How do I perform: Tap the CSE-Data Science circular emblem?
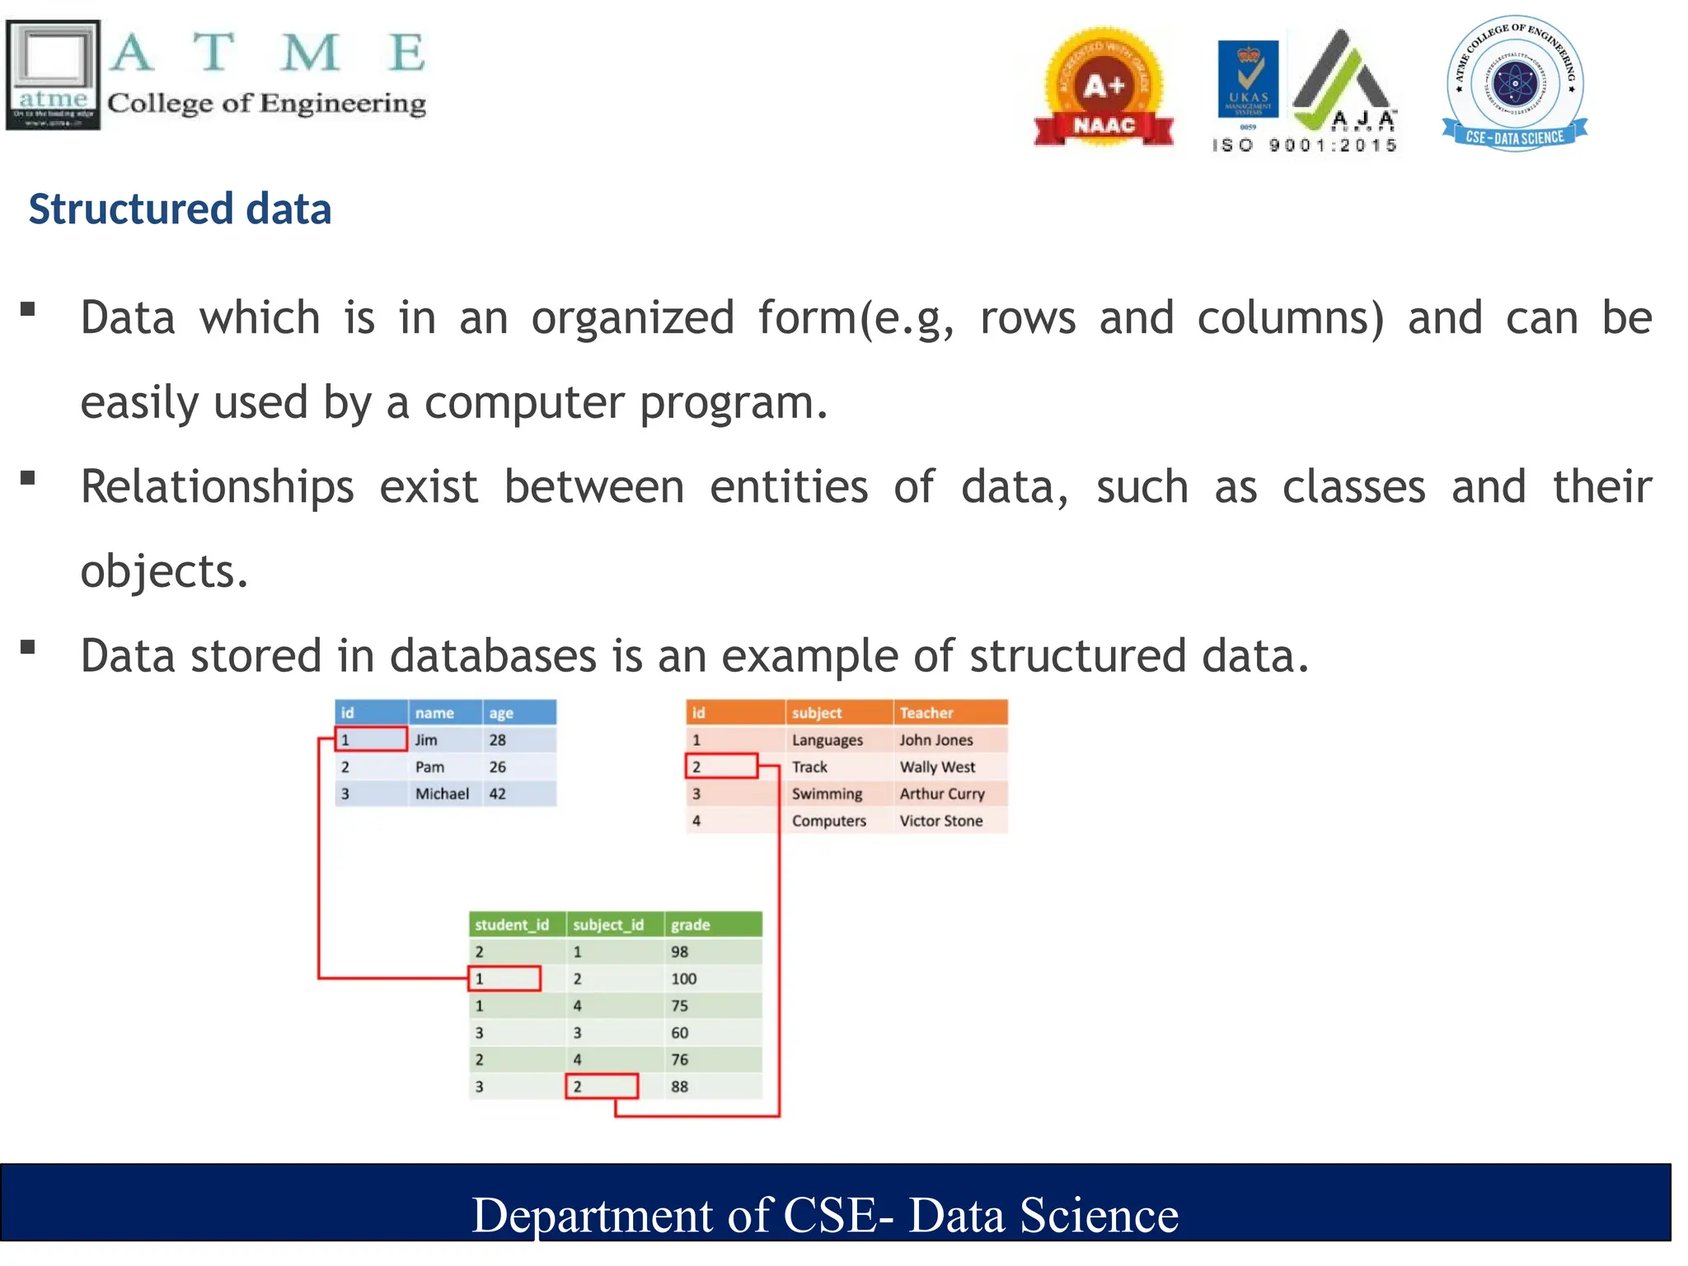point(1514,82)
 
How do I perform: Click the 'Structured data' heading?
point(180,209)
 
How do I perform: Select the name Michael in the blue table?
point(442,794)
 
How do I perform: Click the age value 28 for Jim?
point(497,740)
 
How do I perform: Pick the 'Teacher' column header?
point(926,713)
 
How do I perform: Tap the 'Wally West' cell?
point(937,767)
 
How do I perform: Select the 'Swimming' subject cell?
point(827,794)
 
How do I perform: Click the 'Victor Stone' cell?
point(940,821)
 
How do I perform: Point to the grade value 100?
point(683,979)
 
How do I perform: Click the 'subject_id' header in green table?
point(608,925)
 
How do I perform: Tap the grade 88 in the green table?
point(679,1087)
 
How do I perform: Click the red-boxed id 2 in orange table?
point(720,767)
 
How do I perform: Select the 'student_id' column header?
point(512,925)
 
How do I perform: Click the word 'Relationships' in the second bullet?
point(218,486)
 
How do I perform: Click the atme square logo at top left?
point(53,74)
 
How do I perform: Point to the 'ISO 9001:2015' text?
point(1304,146)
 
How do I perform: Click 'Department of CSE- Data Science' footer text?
point(825,1215)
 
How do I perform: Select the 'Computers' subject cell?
point(828,821)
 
